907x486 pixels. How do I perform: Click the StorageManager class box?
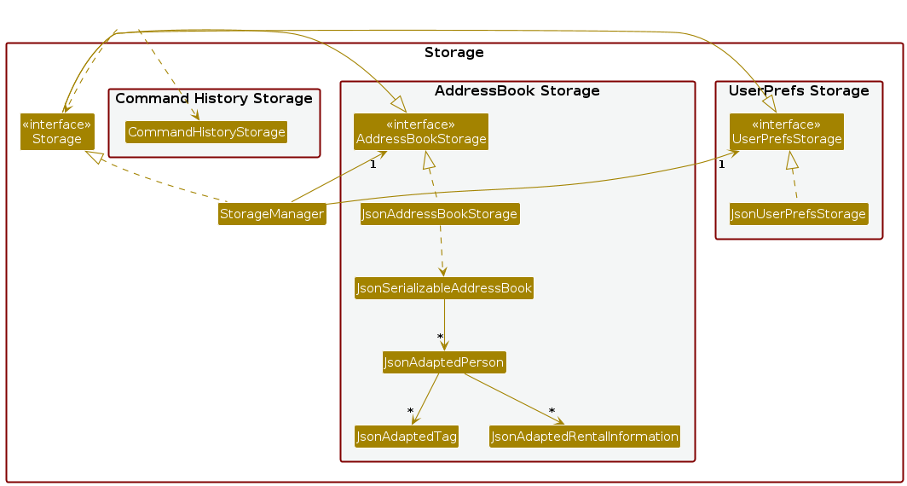(x=272, y=214)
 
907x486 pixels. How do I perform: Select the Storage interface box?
(x=57, y=132)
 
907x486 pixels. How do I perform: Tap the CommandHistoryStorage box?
(x=205, y=132)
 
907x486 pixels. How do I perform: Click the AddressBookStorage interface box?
(x=421, y=132)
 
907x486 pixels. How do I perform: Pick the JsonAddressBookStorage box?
(x=440, y=214)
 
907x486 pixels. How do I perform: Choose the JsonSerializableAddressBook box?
(x=443, y=288)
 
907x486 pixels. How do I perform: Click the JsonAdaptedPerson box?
(x=444, y=362)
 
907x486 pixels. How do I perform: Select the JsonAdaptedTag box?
(x=407, y=437)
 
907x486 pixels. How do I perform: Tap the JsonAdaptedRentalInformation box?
(x=585, y=437)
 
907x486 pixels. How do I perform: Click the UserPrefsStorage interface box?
(x=786, y=132)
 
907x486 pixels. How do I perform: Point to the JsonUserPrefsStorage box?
(x=798, y=214)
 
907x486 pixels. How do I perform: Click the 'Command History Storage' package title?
(x=214, y=99)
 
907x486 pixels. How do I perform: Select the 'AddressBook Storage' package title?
(x=517, y=91)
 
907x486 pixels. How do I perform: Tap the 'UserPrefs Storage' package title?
(x=799, y=91)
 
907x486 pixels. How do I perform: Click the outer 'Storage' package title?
(x=453, y=53)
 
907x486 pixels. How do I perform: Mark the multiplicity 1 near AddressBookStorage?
(x=373, y=165)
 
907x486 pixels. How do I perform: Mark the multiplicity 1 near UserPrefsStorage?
(x=721, y=165)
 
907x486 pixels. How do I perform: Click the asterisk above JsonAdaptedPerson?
(x=440, y=337)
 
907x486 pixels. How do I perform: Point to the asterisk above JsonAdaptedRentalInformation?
(x=552, y=411)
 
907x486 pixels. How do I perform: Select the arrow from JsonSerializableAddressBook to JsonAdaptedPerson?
(x=444, y=320)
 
